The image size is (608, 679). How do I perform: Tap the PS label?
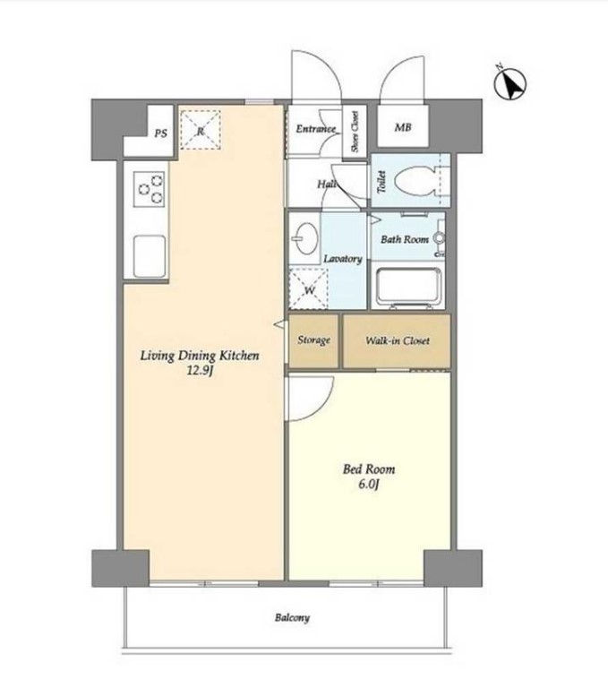pyautogui.click(x=160, y=133)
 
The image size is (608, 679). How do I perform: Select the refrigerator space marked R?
pyautogui.click(x=201, y=130)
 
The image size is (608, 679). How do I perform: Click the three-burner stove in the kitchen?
pyautogui.click(x=149, y=189)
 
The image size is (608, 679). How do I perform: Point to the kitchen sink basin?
pyautogui.click(x=150, y=256)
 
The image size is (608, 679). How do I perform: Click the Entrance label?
pyautogui.click(x=315, y=129)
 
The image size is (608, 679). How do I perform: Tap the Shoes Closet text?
pyautogui.click(x=355, y=132)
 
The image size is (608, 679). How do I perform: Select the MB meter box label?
pyautogui.click(x=402, y=128)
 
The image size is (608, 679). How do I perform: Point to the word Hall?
pyautogui.click(x=327, y=184)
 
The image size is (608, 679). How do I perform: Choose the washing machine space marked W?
pyautogui.click(x=309, y=288)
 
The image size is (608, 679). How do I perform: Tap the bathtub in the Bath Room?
pyautogui.click(x=409, y=288)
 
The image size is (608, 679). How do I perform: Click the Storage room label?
pyautogui.click(x=313, y=340)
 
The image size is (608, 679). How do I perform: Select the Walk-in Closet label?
pyautogui.click(x=398, y=340)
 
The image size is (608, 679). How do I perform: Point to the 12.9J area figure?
pyautogui.click(x=200, y=371)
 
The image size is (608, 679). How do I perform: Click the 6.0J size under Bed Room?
pyautogui.click(x=369, y=484)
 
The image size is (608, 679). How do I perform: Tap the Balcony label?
pyautogui.click(x=292, y=617)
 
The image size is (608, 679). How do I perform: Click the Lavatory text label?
pyautogui.click(x=343, y=259)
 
